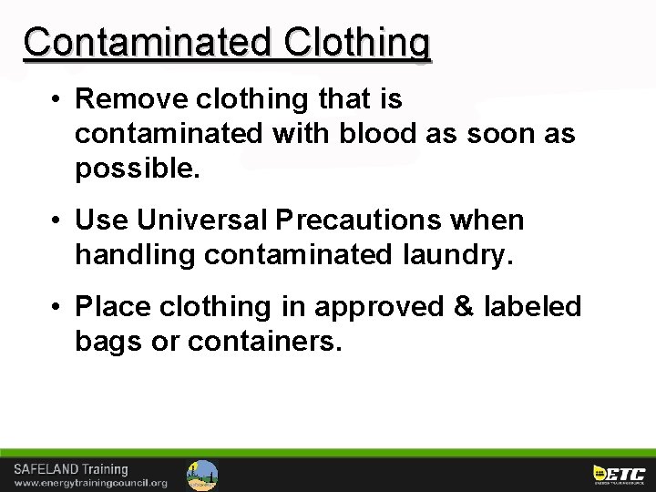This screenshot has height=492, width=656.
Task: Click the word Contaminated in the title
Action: (x=149, y=42)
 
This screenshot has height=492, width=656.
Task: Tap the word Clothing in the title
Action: (x=357, y=42)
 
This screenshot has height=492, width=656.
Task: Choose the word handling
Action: (x=135, y=256)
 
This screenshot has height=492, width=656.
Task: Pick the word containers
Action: (x=265, y=343)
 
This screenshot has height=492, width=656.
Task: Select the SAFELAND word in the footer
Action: (x=46, y=469)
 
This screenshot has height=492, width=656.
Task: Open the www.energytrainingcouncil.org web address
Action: (x=90, y=483)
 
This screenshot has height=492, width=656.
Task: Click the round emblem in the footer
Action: (x=202, y=475)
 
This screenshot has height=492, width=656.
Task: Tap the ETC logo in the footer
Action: (x=619, y=474)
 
